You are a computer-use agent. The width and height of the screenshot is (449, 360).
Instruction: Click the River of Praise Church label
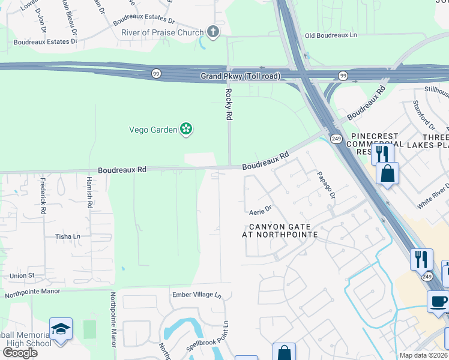162,32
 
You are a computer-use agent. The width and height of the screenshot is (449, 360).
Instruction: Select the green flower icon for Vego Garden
187,128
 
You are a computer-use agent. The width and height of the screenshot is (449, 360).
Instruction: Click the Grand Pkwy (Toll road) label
240,76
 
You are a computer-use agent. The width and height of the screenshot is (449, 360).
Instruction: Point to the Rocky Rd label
228,104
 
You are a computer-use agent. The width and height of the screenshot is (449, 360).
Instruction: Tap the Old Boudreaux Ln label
331,35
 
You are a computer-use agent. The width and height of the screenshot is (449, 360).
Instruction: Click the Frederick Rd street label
43,196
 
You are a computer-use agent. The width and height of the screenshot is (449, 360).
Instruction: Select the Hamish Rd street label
89,196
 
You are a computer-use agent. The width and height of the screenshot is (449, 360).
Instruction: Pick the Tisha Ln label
68,236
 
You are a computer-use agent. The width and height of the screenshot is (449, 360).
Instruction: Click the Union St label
22,275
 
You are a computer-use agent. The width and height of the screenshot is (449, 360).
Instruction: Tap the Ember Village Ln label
197,295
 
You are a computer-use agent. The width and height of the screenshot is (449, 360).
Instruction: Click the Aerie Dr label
261,211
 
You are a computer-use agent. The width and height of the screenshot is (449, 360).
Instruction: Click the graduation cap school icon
61,329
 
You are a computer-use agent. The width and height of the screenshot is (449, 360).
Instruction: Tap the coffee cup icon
438,301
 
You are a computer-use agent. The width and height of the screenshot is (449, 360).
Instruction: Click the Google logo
20,352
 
